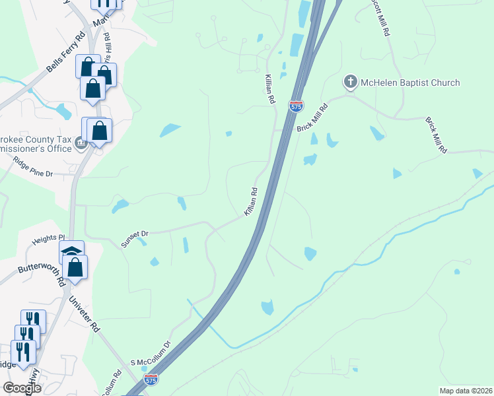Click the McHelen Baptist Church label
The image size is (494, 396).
point(410,82)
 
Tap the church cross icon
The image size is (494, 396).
point(349,82)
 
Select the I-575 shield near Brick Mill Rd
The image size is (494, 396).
point(297,105)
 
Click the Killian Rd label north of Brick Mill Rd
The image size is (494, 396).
point(270,90)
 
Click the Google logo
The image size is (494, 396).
point(22,387)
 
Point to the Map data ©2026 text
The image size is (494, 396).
point(466,390)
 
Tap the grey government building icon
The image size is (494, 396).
point(81,142)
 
